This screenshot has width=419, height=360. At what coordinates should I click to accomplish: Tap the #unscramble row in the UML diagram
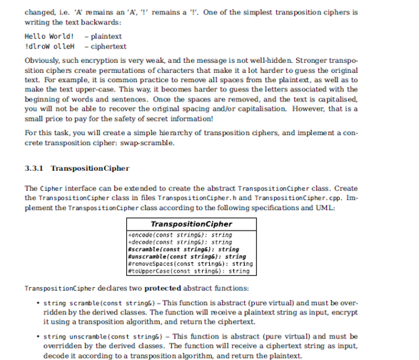(187, 256)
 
